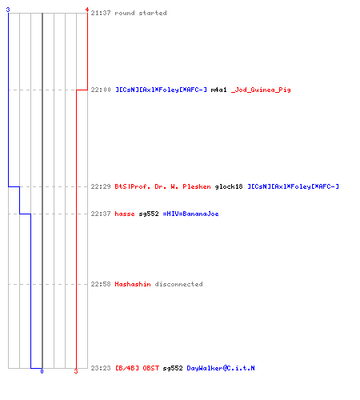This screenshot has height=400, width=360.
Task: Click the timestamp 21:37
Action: click(x=101, y=13)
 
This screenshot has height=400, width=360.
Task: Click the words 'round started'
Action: click(x=141, y=13)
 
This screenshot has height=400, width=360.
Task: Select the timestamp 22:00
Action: click(x=101, y=90)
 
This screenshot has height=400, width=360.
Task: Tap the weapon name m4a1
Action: click(x=218, y=90)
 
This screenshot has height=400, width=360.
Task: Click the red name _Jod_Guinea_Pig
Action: click(x=261, y=90)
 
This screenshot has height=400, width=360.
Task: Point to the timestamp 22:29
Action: click(x=101, y=186)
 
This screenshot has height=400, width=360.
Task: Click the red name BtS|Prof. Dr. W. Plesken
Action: click(x=162, y=186)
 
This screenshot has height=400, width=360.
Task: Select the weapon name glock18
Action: click(x=229, y=186)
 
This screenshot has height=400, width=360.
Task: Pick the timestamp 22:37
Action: click(x=101, y=214)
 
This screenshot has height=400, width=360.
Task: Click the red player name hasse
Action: click(x=125, y=214)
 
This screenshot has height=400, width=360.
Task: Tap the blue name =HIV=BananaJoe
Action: click(x=190, y=214)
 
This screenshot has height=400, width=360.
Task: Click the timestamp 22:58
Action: click(x=101, y=284)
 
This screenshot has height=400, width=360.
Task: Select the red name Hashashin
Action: click(x=133, y=284)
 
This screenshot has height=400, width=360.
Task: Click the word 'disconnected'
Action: click(x=178, y=284)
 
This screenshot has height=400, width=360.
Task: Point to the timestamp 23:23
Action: click(x=101, y=368)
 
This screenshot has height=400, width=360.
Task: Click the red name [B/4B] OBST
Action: click(x=137, y=368)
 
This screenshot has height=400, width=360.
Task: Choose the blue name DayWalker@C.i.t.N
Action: click(x=221, y=368)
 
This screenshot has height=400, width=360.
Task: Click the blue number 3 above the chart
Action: click(x=8, y=10)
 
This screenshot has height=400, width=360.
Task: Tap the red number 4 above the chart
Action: click(x=87, y=10)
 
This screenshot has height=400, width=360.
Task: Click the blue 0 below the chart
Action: click(x=42, y=371)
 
